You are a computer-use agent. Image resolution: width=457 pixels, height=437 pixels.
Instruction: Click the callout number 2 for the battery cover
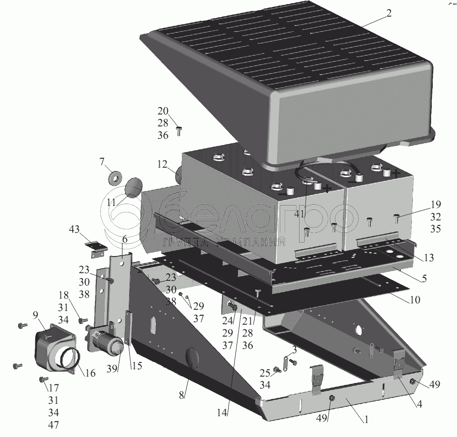[x=388, y=12]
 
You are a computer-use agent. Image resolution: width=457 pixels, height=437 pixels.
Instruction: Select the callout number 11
[x=111, y=203]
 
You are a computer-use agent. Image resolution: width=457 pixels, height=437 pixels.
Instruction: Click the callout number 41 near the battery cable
[x=299, y=214]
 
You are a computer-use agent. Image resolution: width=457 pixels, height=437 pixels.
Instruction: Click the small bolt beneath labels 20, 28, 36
[x=179, y=131]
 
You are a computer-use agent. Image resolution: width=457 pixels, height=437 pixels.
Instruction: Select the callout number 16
[x=90, y=373]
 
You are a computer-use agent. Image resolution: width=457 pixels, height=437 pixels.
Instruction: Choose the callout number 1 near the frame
[x=364, y=419]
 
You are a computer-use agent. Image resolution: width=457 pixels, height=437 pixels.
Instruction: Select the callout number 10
[x=414, y=300]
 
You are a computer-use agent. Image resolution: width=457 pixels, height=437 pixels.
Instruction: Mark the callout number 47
[x=53, y=425]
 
